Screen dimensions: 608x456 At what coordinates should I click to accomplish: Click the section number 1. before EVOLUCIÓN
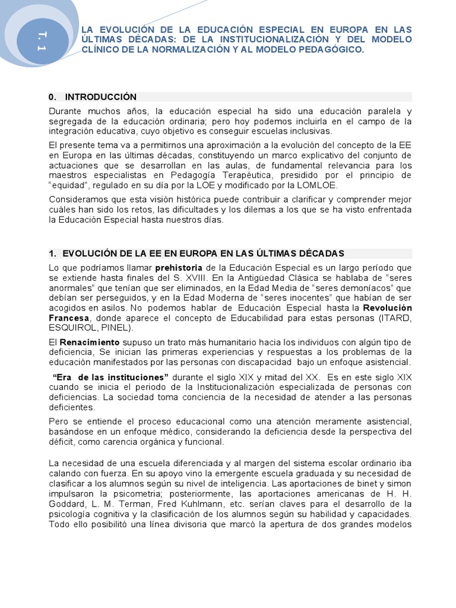(52, 254)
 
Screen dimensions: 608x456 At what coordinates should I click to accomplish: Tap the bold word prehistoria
(179, 268)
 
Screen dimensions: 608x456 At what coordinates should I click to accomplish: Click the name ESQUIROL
(72, 328)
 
